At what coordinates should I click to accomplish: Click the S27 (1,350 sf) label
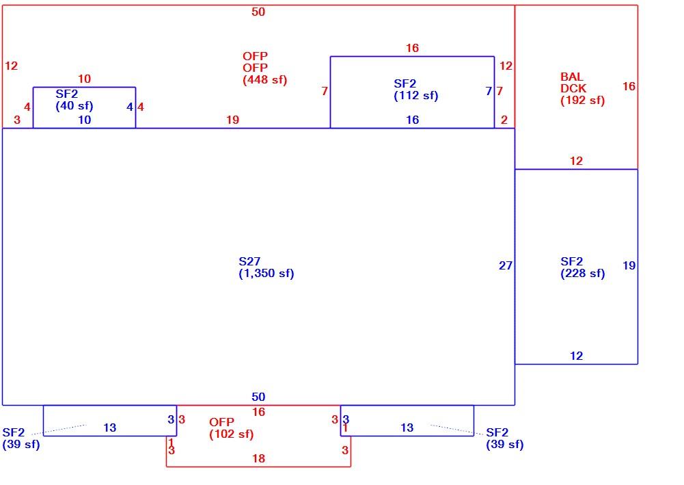(266, 267)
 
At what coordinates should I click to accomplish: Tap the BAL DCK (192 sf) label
(582, 89)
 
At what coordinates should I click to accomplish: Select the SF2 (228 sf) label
(582, 267)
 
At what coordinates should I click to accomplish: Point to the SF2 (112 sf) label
(415, 90)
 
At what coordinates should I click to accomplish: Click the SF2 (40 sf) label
(74, 100)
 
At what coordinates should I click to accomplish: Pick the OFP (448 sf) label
(265, 68)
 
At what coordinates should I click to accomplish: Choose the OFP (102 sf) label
(231, 428)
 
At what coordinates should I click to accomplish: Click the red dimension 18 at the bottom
(258, 458)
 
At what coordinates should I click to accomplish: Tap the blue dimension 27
(506, 265)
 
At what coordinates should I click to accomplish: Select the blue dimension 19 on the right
(629, 265)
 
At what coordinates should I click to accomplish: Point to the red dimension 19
(232, 120)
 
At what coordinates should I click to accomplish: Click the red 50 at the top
(258, 12)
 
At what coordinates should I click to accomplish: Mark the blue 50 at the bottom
(258, 397)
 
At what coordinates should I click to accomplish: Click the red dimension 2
(504, 120)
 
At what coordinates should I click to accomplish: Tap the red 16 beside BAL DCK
(629, 86)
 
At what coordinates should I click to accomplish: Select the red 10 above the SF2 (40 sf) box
(84, 79)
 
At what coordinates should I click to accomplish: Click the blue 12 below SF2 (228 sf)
(576, 356)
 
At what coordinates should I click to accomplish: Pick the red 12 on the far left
(12, 66)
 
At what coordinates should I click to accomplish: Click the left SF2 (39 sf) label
(21, 438)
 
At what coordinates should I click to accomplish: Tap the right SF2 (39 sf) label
(505, 438)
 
